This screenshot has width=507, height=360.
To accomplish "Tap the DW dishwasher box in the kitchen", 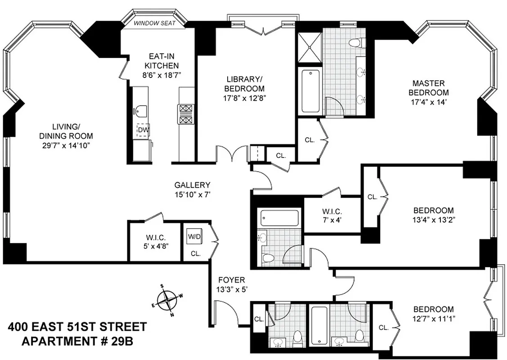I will (143, 130).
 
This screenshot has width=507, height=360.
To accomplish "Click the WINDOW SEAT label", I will (154, 22).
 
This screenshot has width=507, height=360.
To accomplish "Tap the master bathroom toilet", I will (358, 43).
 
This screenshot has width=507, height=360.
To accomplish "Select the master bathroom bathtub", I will (311, 91).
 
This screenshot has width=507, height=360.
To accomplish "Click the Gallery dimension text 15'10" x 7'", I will (192, 194).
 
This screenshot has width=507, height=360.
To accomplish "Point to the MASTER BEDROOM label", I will (428, 88).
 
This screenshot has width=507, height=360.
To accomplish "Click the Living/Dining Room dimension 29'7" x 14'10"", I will (72, 145).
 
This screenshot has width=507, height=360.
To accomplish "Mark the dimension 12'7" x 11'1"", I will (433, 319).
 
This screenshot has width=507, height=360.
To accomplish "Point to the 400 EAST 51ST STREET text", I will (77, 326).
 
